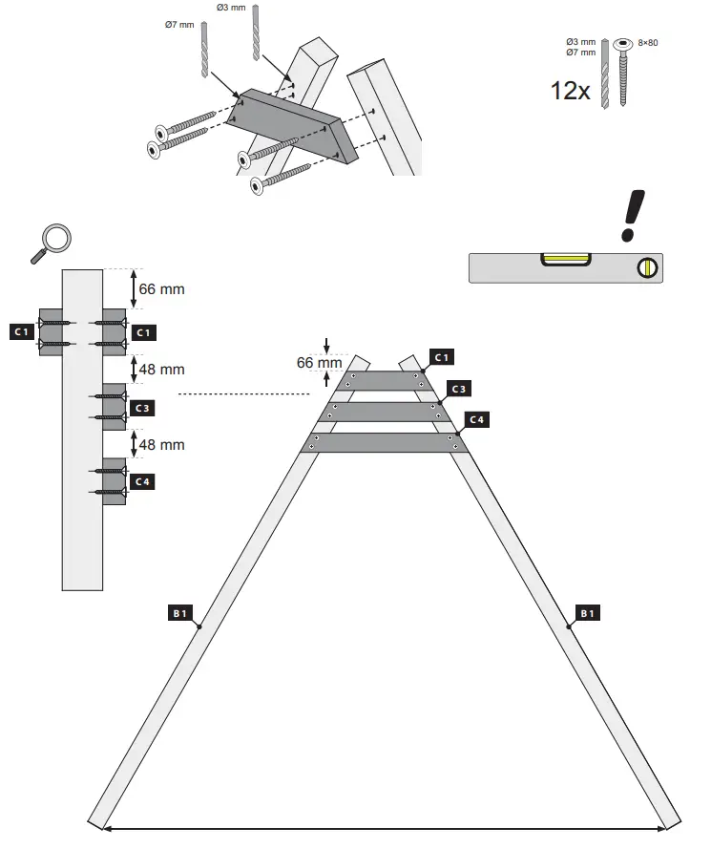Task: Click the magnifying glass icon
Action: (52, 241)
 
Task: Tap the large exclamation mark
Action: (632, 216)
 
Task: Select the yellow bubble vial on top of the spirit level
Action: (567, 258)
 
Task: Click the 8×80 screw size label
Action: (649, 43)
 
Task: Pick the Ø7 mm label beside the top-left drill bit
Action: (179, 24)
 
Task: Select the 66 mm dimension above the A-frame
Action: (319, 363)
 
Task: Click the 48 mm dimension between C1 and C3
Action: (161, 370)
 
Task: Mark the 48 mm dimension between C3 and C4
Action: (161, 445)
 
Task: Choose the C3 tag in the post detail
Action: (142, 408)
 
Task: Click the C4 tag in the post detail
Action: (142, 482)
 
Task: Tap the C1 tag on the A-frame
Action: (443, 357)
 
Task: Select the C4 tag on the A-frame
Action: (477, 420)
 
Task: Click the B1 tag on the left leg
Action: (180, 613)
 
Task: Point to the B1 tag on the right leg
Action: (587, 613)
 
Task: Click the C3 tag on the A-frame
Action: (459, 389)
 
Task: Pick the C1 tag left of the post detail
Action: (21, 332)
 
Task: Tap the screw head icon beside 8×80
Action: (624, 44)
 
